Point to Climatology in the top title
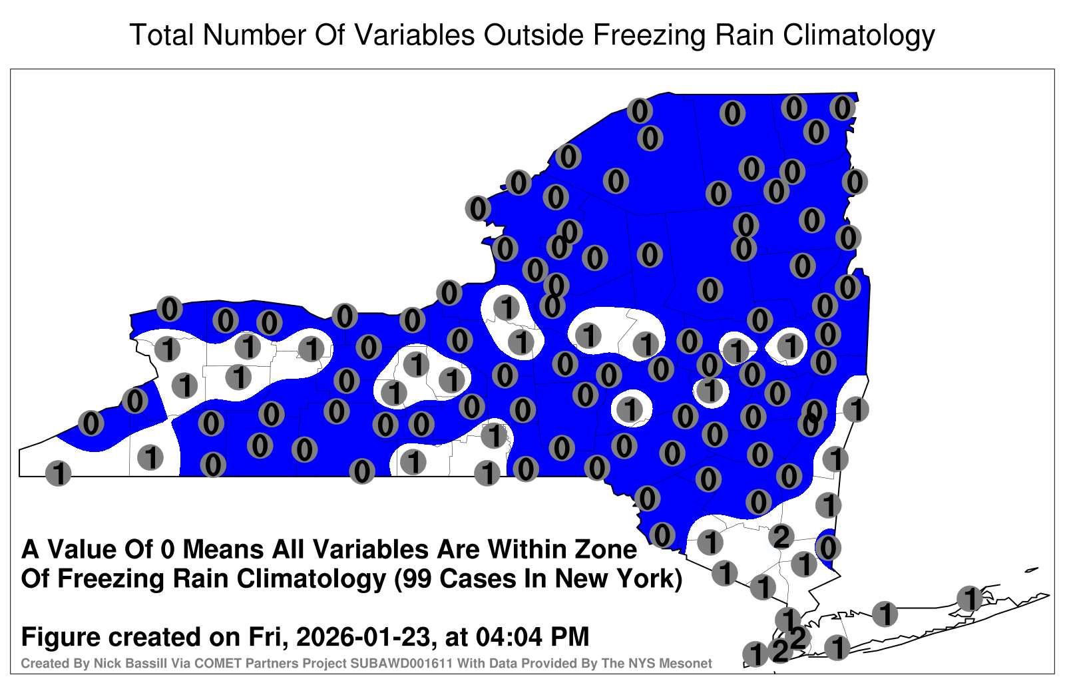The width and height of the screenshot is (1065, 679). click(x=859, y=36)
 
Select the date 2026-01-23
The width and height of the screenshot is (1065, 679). click(x=363, y=636)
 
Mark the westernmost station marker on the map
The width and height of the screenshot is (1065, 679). click(x=58, y=473)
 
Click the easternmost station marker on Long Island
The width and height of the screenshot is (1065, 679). click(x=969, y=598)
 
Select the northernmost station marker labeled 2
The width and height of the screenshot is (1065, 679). click(x=781, y=537)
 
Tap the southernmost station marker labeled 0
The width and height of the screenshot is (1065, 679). click(x=828, y=547)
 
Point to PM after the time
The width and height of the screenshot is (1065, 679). click(x=570, y=636)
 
